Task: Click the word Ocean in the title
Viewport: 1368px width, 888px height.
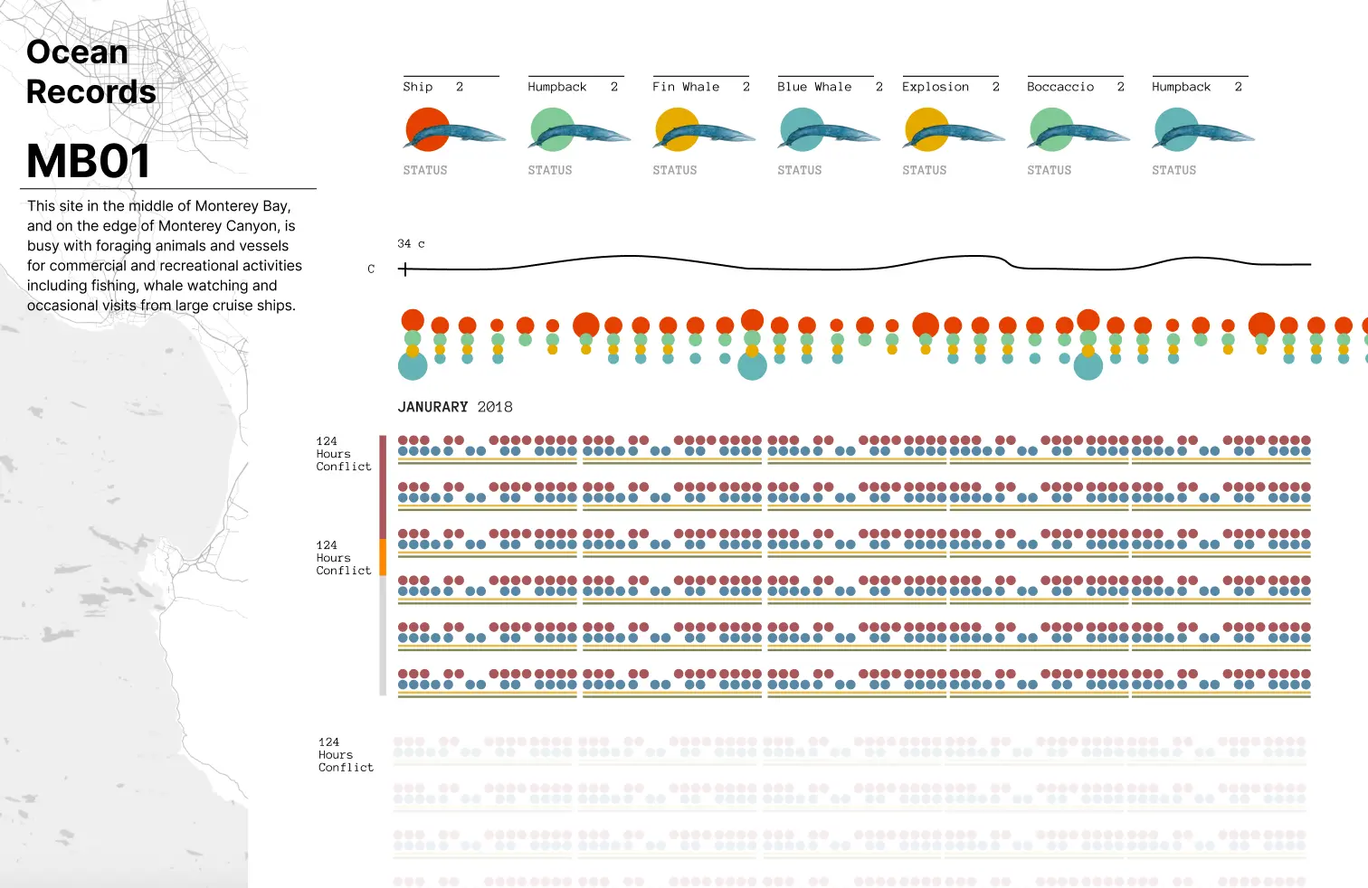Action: click(77, 52)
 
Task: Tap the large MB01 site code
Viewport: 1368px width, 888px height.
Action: click(88, 162)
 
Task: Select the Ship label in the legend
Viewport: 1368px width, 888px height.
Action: click(418, 87)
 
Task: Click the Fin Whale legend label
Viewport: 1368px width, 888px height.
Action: click(686, 87)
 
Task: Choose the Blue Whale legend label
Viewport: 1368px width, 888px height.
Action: click(814, 87)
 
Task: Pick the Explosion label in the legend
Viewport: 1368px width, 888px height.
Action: click(936, 87)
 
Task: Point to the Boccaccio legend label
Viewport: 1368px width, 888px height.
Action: click(1060, 87)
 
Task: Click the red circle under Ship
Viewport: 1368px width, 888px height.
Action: click(426, 128)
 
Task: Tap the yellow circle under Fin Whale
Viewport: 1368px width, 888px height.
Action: click(676, 128)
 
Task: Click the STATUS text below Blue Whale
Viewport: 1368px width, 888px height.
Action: click(800, 170)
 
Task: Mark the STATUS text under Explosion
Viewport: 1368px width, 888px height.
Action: click(925, 170)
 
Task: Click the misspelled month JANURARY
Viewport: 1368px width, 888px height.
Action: click(433, 407)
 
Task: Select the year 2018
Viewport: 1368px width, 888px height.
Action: click(495, 407)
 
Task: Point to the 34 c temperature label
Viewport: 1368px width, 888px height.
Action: click(411, 244)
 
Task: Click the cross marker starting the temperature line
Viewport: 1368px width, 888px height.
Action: click(404, 269)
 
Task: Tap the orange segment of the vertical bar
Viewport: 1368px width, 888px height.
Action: click(383, 557)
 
